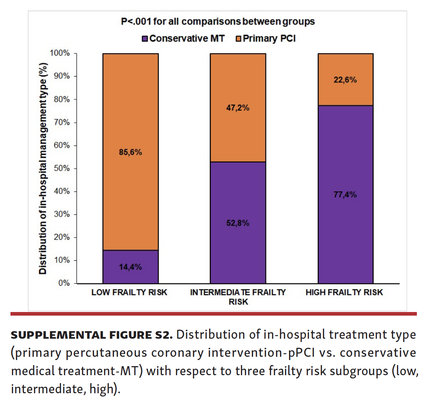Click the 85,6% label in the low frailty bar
pos(130,152)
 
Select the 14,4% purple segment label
pos(130,267)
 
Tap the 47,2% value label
pos(238,108)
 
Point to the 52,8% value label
pos(238,223)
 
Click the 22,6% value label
pos(345,80)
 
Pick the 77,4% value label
pos(345,195)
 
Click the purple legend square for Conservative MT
pos(145,39)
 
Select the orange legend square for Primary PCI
pos(238,39)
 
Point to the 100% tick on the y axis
pos(60,53)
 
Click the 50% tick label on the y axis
pos(62,168)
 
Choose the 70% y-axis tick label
pos(62,122)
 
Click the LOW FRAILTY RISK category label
pos(129,292)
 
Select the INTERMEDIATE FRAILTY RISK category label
pos(238,297)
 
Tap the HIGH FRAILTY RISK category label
pos(344,292)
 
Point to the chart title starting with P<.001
pos(217,22)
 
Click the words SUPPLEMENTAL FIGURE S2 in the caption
pos(92,335)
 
